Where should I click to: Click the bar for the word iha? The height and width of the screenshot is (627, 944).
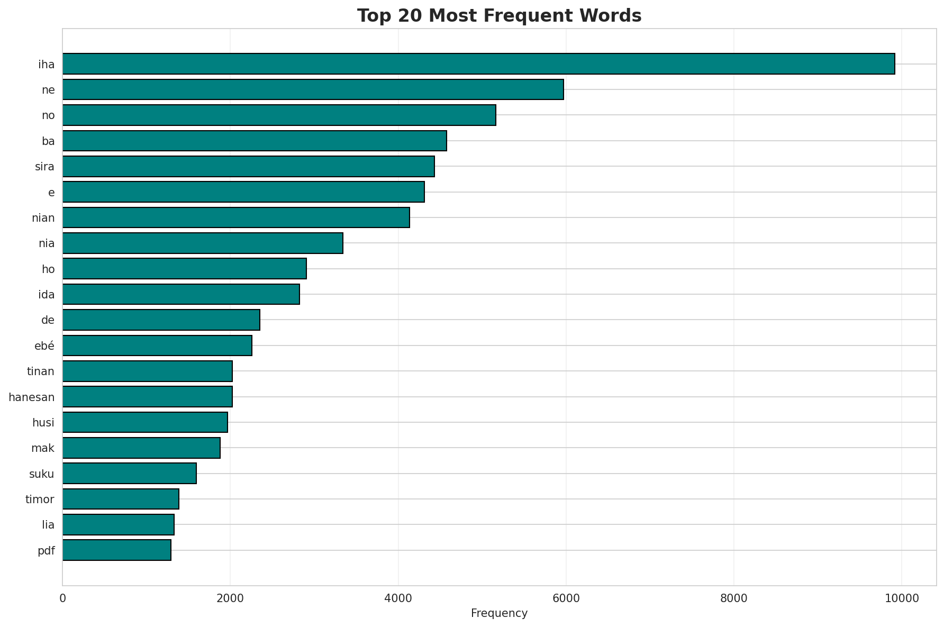(x=478, y=63)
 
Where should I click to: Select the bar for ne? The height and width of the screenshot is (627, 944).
(x=313, y=89)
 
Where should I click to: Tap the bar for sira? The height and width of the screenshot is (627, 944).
(x=248, y=166)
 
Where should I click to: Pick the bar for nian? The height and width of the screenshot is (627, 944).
(x=236, y=217)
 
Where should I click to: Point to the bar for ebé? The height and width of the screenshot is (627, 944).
(x=157, y=346)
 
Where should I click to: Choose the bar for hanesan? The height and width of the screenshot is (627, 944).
(x=147, y=397)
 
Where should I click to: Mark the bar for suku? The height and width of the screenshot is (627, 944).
(x=129, y=473)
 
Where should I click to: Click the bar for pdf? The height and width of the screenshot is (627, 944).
(x=116, y=550)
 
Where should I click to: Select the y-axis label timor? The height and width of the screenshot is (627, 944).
(x=40, y=499)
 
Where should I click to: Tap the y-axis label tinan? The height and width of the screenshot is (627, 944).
(x=41, y=371)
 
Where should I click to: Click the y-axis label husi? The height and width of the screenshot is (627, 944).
(x=43, y=423)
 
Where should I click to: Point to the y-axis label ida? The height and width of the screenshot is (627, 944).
(x=47, y=295)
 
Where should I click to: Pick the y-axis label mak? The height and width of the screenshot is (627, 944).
(x=43, y=448)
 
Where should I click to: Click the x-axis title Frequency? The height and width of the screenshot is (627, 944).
(x=499, y=614)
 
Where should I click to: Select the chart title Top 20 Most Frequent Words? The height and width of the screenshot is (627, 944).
(x=499, y=16)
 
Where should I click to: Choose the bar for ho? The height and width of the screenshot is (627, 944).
(x=184, y=269)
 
